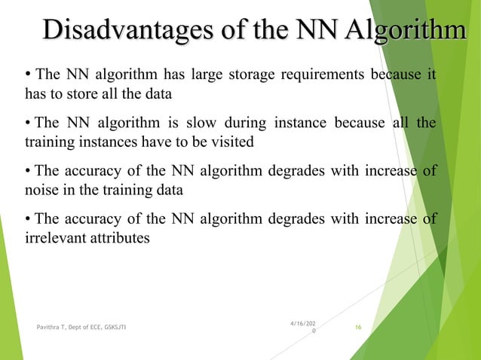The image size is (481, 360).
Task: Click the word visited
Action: click(231, 142)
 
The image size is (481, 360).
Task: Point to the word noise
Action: click(41, 191)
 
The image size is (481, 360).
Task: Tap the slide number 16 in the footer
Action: click(358, 327)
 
